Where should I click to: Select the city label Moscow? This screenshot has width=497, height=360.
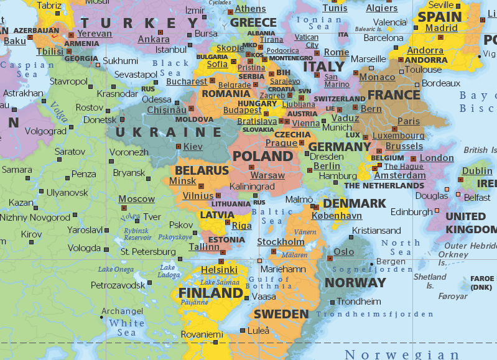point(136,199)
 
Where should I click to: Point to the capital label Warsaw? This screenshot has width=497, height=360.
point(267,175)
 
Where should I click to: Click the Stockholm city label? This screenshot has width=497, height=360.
point(281,241)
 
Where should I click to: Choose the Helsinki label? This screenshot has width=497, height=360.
point(219,269)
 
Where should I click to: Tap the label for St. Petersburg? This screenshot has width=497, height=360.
point(148,252)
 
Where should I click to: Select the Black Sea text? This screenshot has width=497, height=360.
point(170,68)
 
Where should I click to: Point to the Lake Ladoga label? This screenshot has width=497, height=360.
point(169,271)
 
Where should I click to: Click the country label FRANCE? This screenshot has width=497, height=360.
point(394,95)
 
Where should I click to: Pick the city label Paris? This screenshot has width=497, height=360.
point(409,121)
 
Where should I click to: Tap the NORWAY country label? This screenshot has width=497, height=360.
point(356,282)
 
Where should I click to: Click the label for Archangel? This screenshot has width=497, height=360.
point(122,311)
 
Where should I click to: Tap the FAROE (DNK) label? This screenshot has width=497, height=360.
point(481,283)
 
